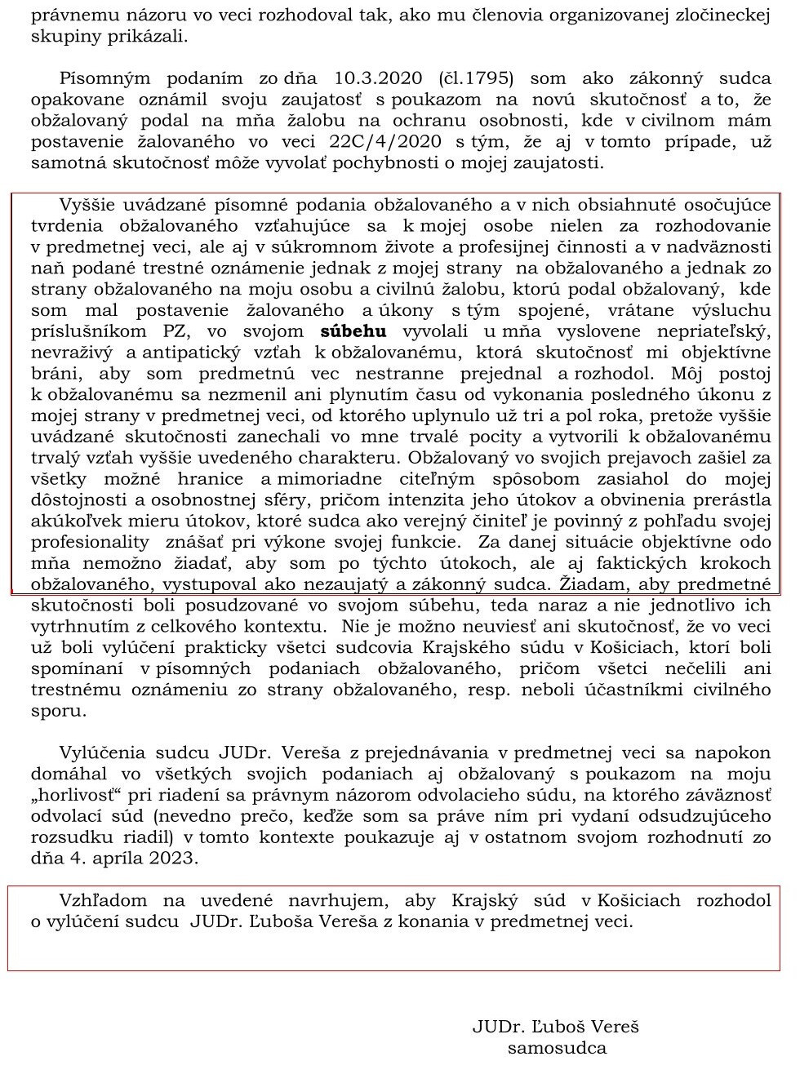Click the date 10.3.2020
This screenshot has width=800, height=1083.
click(x=378, y=78)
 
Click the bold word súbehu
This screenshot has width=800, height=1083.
click(x=353, y=331)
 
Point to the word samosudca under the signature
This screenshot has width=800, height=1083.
click(x=557, y=1049)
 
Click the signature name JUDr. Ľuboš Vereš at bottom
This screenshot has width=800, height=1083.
click(x=556, y=1027)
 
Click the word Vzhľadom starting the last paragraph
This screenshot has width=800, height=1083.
click(x=103, y=900)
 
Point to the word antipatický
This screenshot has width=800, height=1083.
click(x=192, y=353)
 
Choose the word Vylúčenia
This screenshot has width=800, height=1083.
click(x=103, y=752)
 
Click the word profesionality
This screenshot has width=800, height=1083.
click(x=90, y=542)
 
